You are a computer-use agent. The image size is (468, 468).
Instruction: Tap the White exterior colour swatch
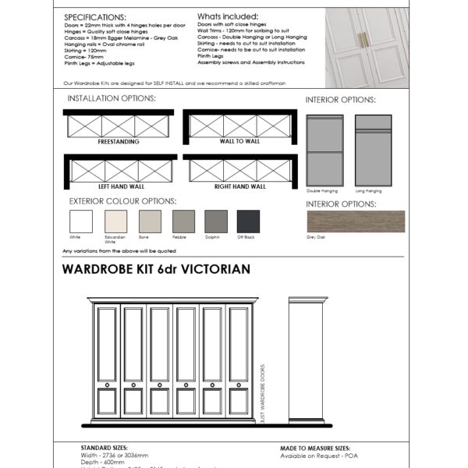click(x=81, y=222)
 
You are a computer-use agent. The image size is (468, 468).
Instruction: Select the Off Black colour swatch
click(x=249, y=222)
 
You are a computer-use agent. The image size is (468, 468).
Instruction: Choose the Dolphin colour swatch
click(x=216, y=222)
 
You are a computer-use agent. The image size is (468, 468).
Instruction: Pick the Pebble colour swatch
click(x=183, y=222)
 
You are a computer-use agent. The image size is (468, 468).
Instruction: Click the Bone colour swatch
click(x=149, y=222)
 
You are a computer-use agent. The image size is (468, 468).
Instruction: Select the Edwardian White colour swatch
click(x=115, y=222)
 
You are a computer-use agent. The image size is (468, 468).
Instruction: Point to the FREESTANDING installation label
click(x=118, y=142)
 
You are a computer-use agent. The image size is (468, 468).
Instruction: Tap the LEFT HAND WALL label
click(x=118, y=187)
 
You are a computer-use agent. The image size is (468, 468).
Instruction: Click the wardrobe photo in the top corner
click(x=366, y=46)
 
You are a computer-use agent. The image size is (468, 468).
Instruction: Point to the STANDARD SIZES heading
click(x=105, y=448)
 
